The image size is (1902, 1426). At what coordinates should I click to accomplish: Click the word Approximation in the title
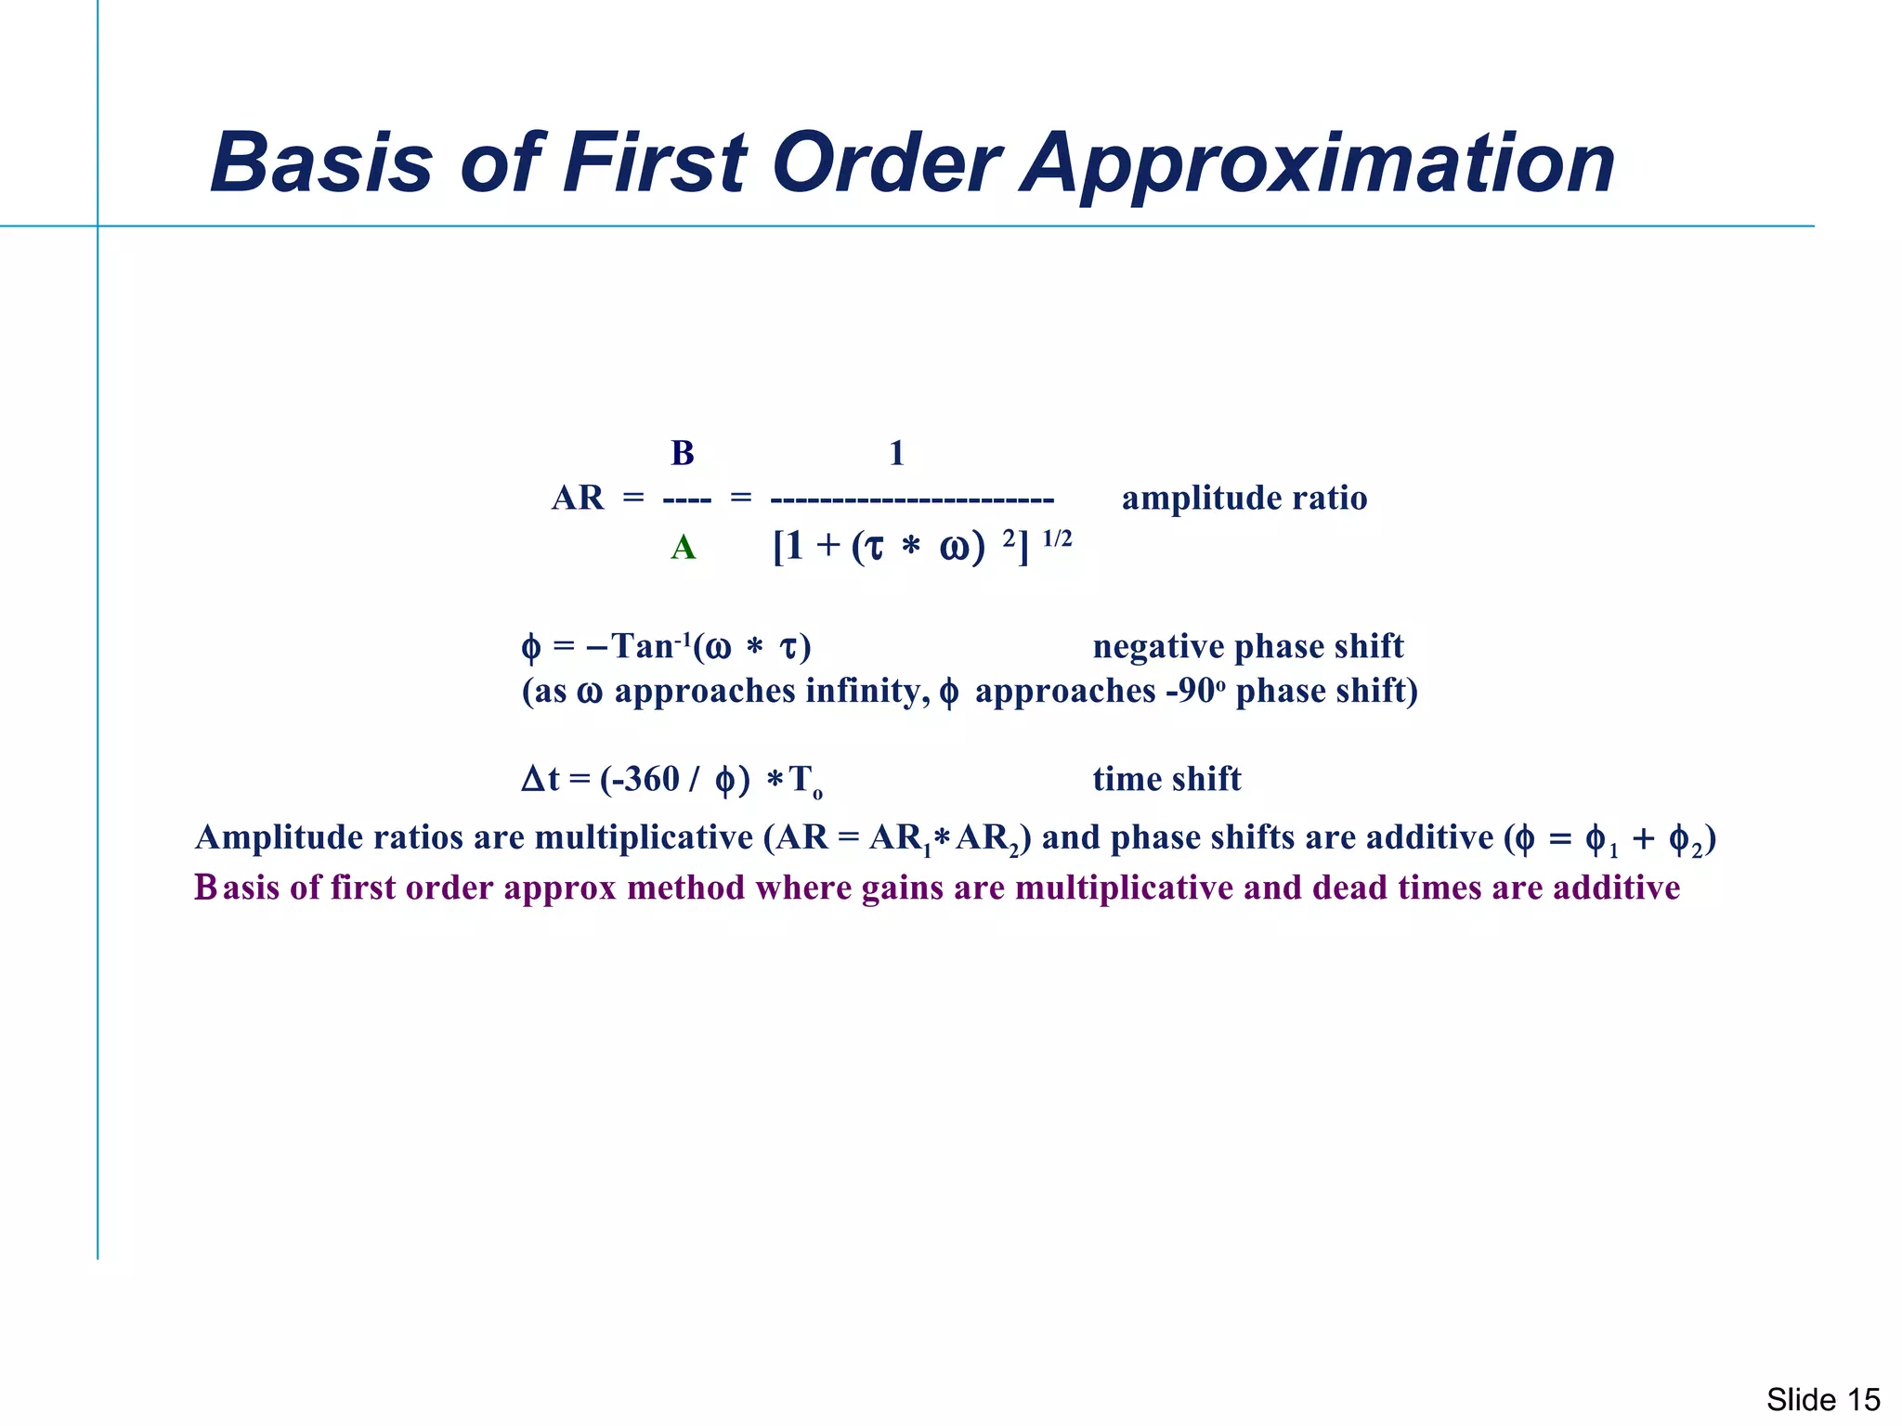1319,164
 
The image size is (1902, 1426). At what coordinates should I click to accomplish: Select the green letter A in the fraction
683,548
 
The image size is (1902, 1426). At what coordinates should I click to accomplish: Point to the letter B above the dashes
683,453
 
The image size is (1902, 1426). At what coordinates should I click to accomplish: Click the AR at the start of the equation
578,499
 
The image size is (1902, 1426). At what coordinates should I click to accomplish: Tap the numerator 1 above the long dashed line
896,453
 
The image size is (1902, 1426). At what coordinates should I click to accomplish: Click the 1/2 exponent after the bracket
1057,538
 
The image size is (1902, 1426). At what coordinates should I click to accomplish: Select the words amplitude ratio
1244,499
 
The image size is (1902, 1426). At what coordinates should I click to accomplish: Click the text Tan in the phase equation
642,646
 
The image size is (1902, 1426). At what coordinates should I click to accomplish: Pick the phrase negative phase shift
1248,646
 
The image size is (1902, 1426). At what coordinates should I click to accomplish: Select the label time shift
1166,779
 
